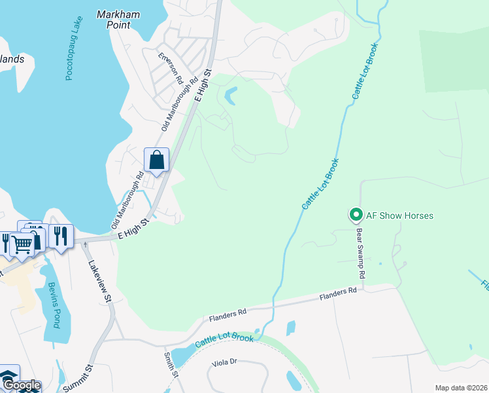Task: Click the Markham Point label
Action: (x=122, y=20)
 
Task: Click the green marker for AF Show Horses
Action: (x=356, y=215)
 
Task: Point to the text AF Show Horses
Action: (x=399, y=215)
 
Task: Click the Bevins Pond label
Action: (x=52, y=305)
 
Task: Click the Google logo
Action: (x=21, y=385)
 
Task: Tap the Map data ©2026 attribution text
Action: (x=461, y=388)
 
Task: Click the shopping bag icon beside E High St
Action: (x=157, y=159)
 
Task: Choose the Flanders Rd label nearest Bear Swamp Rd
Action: (x=338, y=293)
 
